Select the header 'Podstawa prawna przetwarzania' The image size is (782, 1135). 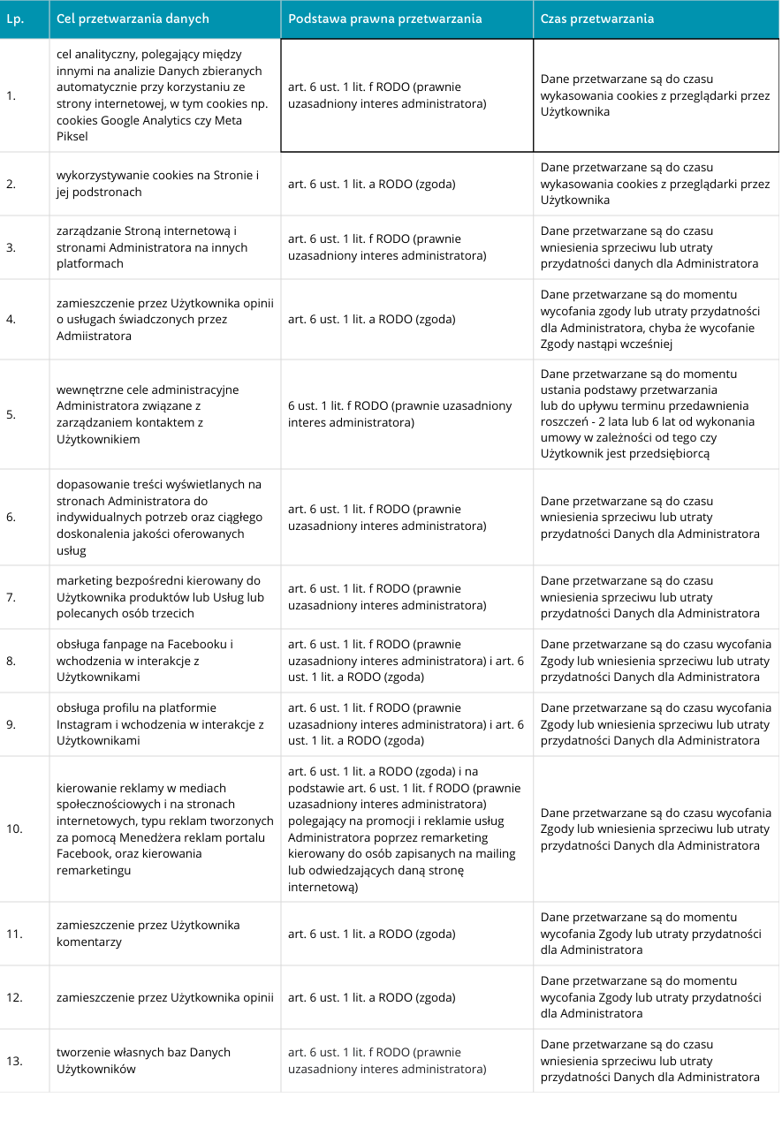[385, 19]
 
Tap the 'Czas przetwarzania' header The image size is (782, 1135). [597, 19]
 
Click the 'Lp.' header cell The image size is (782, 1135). [14, 19]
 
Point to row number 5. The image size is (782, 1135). [11, 414]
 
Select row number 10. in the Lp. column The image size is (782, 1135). [14, 829]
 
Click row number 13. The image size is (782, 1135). [14, 1061]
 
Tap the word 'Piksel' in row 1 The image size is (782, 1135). [72, 137]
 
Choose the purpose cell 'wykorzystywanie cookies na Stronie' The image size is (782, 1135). [157, 184]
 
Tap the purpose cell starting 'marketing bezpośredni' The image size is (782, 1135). [159, 597]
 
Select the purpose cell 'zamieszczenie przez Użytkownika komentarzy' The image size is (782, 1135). [148, 934]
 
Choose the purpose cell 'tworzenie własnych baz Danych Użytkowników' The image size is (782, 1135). [143, 1061]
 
